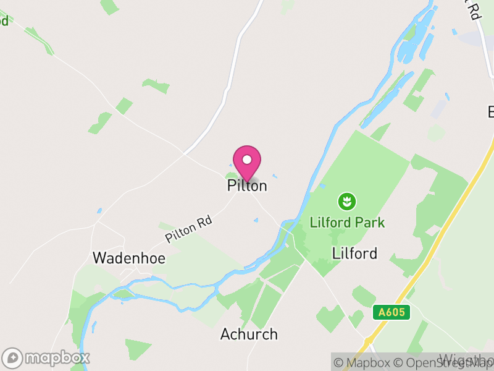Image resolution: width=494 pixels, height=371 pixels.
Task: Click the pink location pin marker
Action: click(247, 163)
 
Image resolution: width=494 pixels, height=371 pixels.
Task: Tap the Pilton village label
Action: click(247, 185)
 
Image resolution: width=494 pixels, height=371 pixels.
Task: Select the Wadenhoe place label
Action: click(129, 258)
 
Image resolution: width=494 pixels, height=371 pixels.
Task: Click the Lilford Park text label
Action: click(348, 223)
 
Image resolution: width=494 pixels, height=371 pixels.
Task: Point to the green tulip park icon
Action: click(347, 201)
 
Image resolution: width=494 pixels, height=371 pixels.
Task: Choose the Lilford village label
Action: click(354, 253)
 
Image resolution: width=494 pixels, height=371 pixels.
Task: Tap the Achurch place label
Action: click(249, 335)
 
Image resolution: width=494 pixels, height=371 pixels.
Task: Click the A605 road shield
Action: click(391, 312)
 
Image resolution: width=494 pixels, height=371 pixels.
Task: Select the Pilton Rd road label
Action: click(188, 229)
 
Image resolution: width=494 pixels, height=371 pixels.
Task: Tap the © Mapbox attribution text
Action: click(364, 363)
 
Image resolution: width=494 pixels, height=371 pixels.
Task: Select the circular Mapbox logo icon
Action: click(13, 358)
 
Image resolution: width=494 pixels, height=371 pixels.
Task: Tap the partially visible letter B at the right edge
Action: click(490, 113)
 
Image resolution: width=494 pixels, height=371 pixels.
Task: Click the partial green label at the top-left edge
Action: click(4, 20)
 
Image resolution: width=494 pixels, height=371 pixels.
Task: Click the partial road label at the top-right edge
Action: click(473, 9)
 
